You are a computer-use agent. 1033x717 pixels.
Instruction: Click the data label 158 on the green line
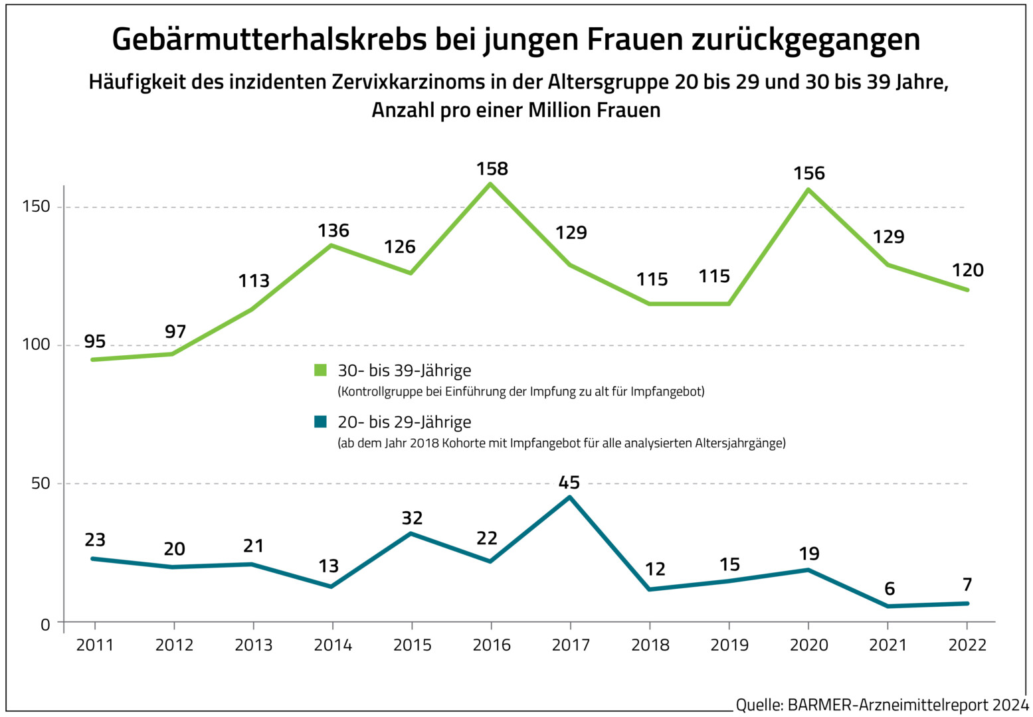point(492,169)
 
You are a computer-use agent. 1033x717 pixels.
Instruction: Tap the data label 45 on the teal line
point(569,483)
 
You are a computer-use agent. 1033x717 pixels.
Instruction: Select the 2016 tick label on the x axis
point(492,645)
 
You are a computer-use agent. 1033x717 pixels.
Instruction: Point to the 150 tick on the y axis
point(37,206)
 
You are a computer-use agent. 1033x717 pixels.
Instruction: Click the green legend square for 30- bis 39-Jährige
point(321,370)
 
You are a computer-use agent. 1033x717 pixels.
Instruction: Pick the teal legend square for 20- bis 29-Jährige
point(321,422)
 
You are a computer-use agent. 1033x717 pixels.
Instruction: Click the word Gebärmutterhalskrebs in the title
point(269,40)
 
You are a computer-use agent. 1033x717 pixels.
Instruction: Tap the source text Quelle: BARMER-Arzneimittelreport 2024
point(882,705)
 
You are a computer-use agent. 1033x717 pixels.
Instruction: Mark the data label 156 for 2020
point(809,174)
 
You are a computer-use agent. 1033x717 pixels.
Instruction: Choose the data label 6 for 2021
point(890,589)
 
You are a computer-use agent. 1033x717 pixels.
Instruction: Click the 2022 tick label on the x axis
point(967,645)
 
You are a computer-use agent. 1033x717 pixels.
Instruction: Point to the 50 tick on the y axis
point(41,483)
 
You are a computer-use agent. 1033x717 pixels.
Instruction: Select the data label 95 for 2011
point(95,342)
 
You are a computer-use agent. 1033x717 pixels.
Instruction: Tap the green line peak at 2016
point(491,184)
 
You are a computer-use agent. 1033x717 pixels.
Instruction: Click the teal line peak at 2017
point(569,497)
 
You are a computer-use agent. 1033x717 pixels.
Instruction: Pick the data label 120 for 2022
point(968,270)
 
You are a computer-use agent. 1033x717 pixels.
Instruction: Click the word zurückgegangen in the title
point(805,40)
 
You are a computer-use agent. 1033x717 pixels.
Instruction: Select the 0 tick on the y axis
point(45,624)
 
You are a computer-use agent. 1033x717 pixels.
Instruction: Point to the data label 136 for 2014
point(333,231)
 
